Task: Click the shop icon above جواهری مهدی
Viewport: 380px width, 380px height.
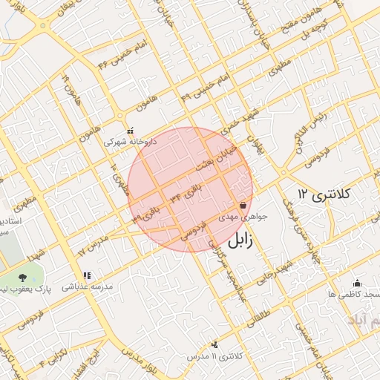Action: (243, 206)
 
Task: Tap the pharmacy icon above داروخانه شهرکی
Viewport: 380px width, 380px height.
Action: (131, 130)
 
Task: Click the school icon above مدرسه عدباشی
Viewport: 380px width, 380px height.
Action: (87, 276)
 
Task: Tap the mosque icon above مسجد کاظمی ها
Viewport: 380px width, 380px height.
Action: (358, 283)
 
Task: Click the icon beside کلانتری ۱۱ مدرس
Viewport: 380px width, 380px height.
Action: (215, 344)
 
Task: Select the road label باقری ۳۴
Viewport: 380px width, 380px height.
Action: (186, 194)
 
